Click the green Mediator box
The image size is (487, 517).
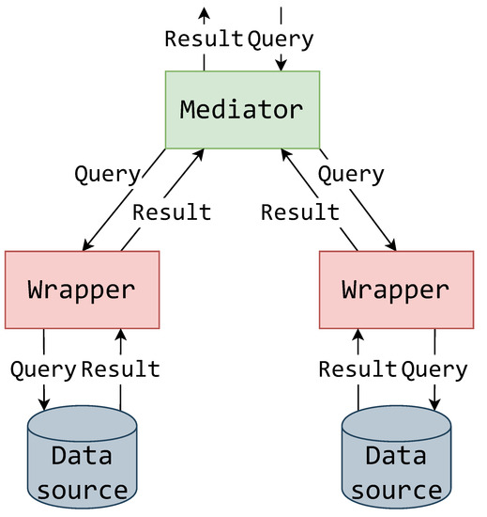pos(242,109)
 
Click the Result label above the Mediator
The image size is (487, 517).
pos(204,39)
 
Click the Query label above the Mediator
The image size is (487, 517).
pos(281,39)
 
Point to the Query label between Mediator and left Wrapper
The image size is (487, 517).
pos(107,174)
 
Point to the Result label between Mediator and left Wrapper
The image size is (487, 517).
pos(172,211)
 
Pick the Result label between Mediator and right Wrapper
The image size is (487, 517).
pos(299,211)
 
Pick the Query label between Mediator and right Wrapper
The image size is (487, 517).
pos(351,174)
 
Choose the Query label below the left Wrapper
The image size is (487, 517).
pos(43,368)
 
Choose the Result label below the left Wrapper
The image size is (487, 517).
pos(121,368)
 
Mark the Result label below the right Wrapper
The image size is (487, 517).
pos(358,368)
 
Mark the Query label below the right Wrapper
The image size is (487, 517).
pos(434,368)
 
